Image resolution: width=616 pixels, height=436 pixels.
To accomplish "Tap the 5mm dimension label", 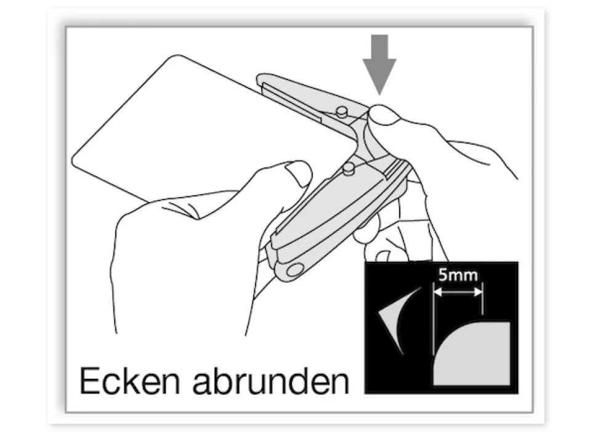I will (x=458, y=275).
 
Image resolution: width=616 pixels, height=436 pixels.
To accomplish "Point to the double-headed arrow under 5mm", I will (x=458, y=293).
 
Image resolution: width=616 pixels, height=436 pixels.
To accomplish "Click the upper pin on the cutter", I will (x=342, y=110).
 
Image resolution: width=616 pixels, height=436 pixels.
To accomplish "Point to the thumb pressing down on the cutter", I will (x=385, y=116).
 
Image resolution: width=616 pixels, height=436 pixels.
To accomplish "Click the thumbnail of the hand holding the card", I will (x=299, y=173).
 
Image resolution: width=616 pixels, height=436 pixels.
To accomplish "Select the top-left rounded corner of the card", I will (x=176, y=58).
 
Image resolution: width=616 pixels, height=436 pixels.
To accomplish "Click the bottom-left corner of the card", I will (x=76, y=161).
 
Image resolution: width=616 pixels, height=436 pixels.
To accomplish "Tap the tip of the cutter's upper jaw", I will (x=261, y=79).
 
